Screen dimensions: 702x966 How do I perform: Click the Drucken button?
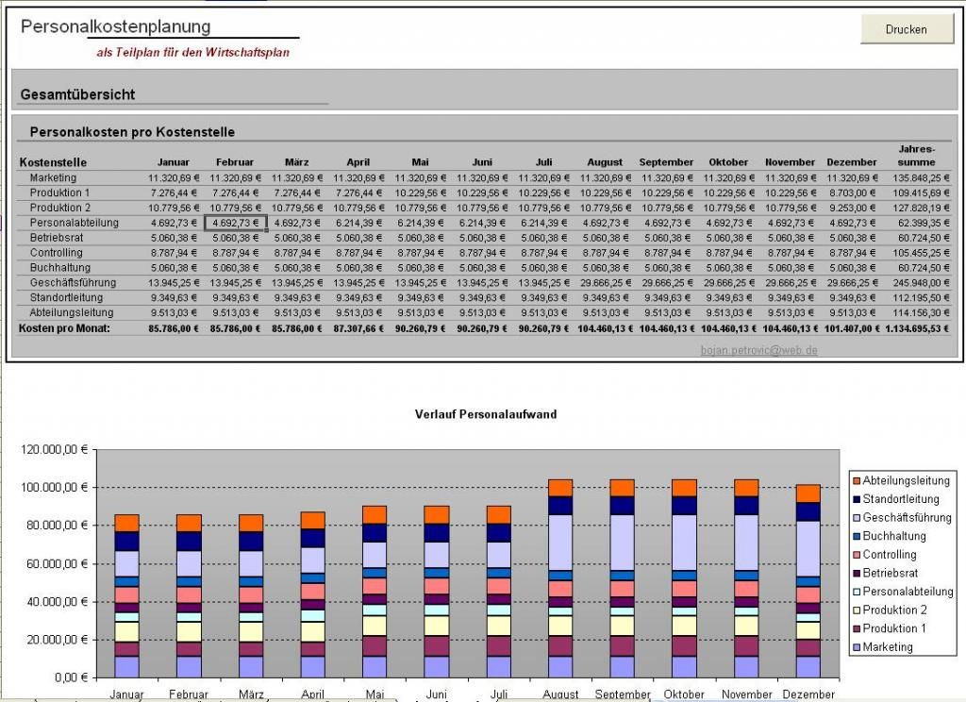tap(906, 29)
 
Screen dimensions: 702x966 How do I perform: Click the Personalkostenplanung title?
tap(116, 26)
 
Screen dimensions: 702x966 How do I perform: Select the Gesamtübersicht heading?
tap(77, 94)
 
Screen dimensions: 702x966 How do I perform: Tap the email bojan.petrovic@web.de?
tap(758, 349)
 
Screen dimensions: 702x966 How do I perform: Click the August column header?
tap(605, 162)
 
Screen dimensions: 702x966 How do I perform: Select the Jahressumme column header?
tap(916, 156)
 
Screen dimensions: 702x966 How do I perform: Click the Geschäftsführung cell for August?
tap(605, 282)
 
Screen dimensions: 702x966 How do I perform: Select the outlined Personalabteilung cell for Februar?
tap(236, 223)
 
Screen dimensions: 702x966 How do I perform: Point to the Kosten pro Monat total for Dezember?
tap(852, 328)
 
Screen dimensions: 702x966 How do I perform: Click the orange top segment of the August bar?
tap(560, 488)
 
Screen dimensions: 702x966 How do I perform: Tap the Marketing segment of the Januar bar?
tap(126, 666)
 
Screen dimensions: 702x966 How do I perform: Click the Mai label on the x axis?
tap(375, 694)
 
